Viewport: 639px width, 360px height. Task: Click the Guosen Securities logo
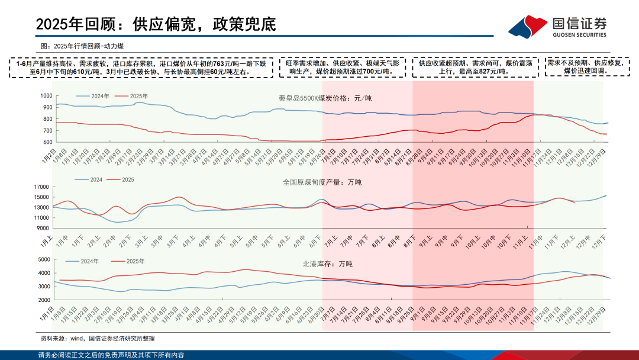coord(559,26)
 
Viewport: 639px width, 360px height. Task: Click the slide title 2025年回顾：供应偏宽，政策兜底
coord(156,24)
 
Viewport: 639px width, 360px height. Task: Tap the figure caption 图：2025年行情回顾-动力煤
coord(82,46)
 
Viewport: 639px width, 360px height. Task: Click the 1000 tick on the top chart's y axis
coord(46,95)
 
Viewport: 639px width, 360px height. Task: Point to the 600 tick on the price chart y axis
coord(47,142)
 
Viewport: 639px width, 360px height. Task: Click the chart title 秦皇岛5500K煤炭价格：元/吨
coord(325,98)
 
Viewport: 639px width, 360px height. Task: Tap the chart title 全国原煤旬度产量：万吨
coord(322,182)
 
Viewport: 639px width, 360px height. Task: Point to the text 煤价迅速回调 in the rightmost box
coord(587,70)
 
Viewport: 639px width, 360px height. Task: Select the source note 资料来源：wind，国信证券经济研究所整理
coord(98,339)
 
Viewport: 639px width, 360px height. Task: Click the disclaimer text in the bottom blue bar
coord(111,355)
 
